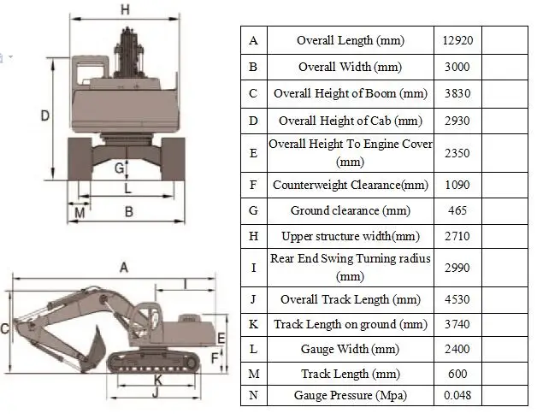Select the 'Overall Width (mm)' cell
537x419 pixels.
click(350, 67)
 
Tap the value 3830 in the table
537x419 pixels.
click(458, 93)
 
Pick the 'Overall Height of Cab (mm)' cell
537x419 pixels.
click(350, 121)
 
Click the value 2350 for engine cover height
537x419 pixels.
click(458, 152)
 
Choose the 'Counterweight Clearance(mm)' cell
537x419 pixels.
click(350, 184)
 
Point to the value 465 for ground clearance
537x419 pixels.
click(458, 210)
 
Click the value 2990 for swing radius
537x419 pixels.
click(458, 268)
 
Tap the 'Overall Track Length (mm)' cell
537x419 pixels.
click(350, 299)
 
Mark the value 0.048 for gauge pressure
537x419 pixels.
click(458, 395)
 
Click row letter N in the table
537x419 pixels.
click(253, 395)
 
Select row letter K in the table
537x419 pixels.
click(253, 324)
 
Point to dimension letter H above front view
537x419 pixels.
click(125, 10)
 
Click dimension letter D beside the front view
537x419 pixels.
click(45, 116)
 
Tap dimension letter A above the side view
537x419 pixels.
click(123, 268)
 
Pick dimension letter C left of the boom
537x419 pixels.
click(6, 328)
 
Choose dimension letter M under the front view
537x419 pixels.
click(80, 211)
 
